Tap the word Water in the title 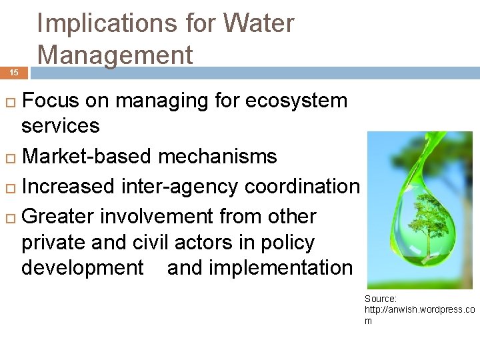click(x=259, y=23)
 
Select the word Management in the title click(x=115, y=54)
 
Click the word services click(x=61, y=125)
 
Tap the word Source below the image click(x=381, y=299)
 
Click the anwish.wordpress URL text click(x=419, y=310)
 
